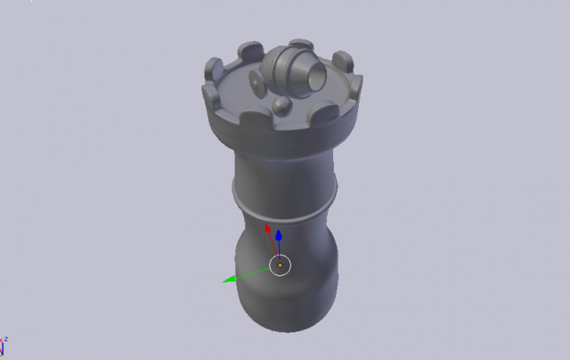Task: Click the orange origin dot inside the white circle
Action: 280,265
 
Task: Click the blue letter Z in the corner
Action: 5,340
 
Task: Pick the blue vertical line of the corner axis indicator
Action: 2,350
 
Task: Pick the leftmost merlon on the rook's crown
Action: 214,70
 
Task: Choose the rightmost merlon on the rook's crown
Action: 344,63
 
